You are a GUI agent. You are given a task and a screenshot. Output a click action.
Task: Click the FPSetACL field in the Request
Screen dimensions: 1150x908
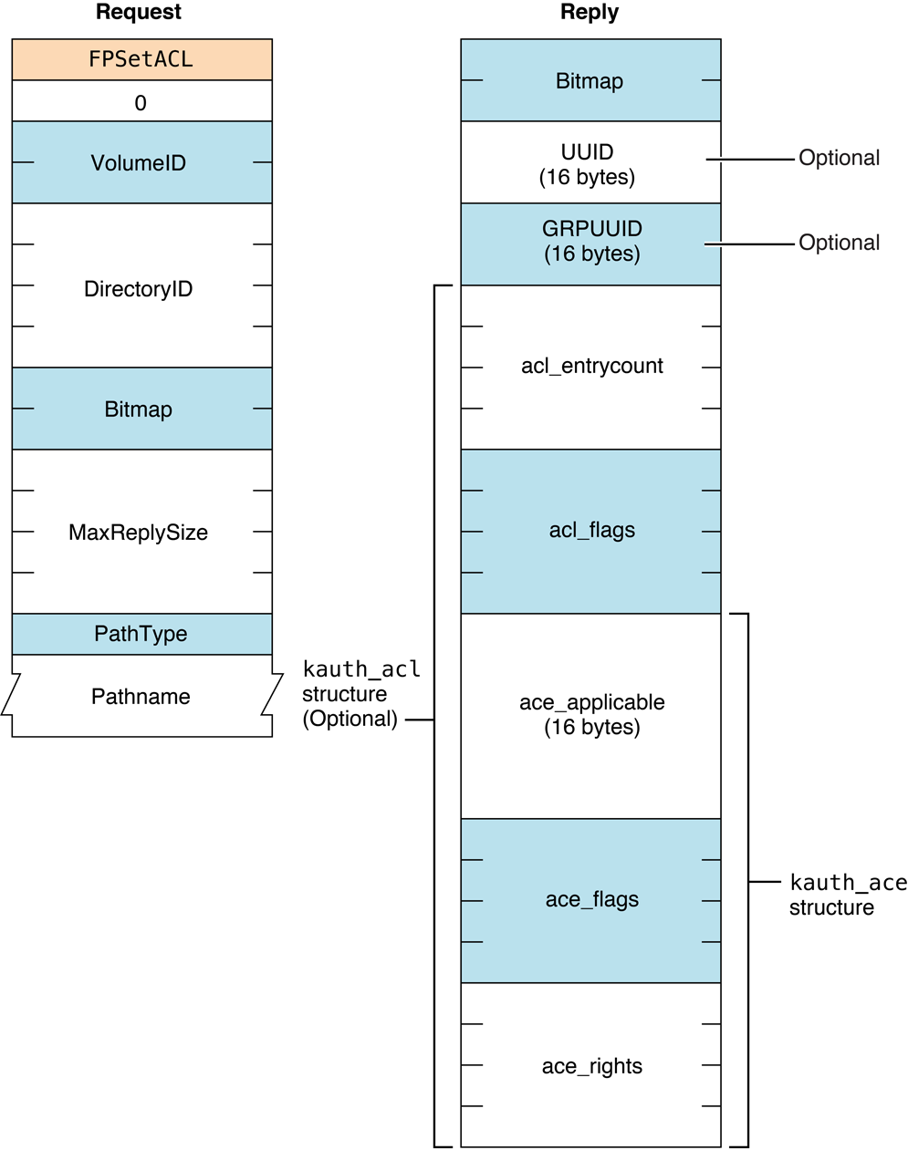coord(141,59)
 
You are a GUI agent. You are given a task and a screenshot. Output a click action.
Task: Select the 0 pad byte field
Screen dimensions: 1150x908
coord(141,102)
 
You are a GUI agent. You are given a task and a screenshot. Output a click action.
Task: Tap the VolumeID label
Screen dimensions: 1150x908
coord(139,163)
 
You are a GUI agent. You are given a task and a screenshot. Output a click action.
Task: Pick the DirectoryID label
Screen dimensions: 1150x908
coord(139,289)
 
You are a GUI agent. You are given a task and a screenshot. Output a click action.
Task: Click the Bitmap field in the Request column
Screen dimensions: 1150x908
coord(139,409)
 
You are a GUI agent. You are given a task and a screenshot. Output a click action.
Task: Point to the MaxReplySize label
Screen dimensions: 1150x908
coord(139,533)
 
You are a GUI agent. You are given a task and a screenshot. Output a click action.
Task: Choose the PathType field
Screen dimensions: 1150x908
coord(141,634)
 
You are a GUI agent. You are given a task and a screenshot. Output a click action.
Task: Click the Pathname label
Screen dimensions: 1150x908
coord(141,697)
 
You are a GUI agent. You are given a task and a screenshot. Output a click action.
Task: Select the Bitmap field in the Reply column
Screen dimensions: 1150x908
coord(590,81)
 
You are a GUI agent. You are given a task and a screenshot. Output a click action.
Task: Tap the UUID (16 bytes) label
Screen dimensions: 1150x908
coord(588,164)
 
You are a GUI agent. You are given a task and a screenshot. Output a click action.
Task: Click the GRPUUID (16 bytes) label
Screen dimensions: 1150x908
coord(591,242)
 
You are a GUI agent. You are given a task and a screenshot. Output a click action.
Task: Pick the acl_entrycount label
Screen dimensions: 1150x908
coord(591,366)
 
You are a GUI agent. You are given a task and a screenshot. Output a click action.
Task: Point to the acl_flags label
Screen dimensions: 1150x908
coord(591,530)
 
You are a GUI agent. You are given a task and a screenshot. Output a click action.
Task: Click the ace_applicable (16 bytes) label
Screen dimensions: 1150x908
coord(591,715)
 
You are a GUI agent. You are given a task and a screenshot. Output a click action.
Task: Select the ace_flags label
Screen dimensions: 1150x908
coord(591,899)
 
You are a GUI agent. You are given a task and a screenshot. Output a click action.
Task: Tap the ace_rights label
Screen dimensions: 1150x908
coord(591,1066)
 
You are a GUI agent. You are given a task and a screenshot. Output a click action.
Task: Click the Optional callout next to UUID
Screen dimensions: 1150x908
coord(839,158)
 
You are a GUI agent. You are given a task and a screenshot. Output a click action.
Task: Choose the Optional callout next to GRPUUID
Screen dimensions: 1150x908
coord(839,243)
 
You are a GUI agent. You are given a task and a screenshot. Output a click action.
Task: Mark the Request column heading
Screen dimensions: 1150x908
coord(139,13)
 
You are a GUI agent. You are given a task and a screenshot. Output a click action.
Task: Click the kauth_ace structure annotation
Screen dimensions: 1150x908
coord(847,895)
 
